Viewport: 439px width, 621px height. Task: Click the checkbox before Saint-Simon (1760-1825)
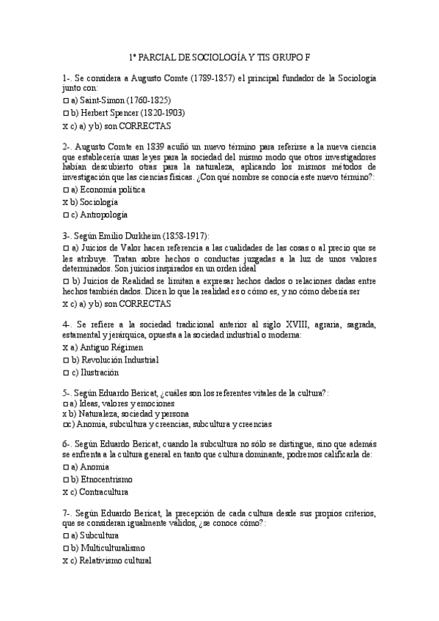pos(65,100)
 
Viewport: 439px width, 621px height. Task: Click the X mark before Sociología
pos(65,202)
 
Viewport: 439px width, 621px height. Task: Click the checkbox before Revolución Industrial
pos(65,360)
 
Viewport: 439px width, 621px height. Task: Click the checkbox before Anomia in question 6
pos(65,466)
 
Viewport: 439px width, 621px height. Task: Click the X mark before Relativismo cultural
pos(65,560)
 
